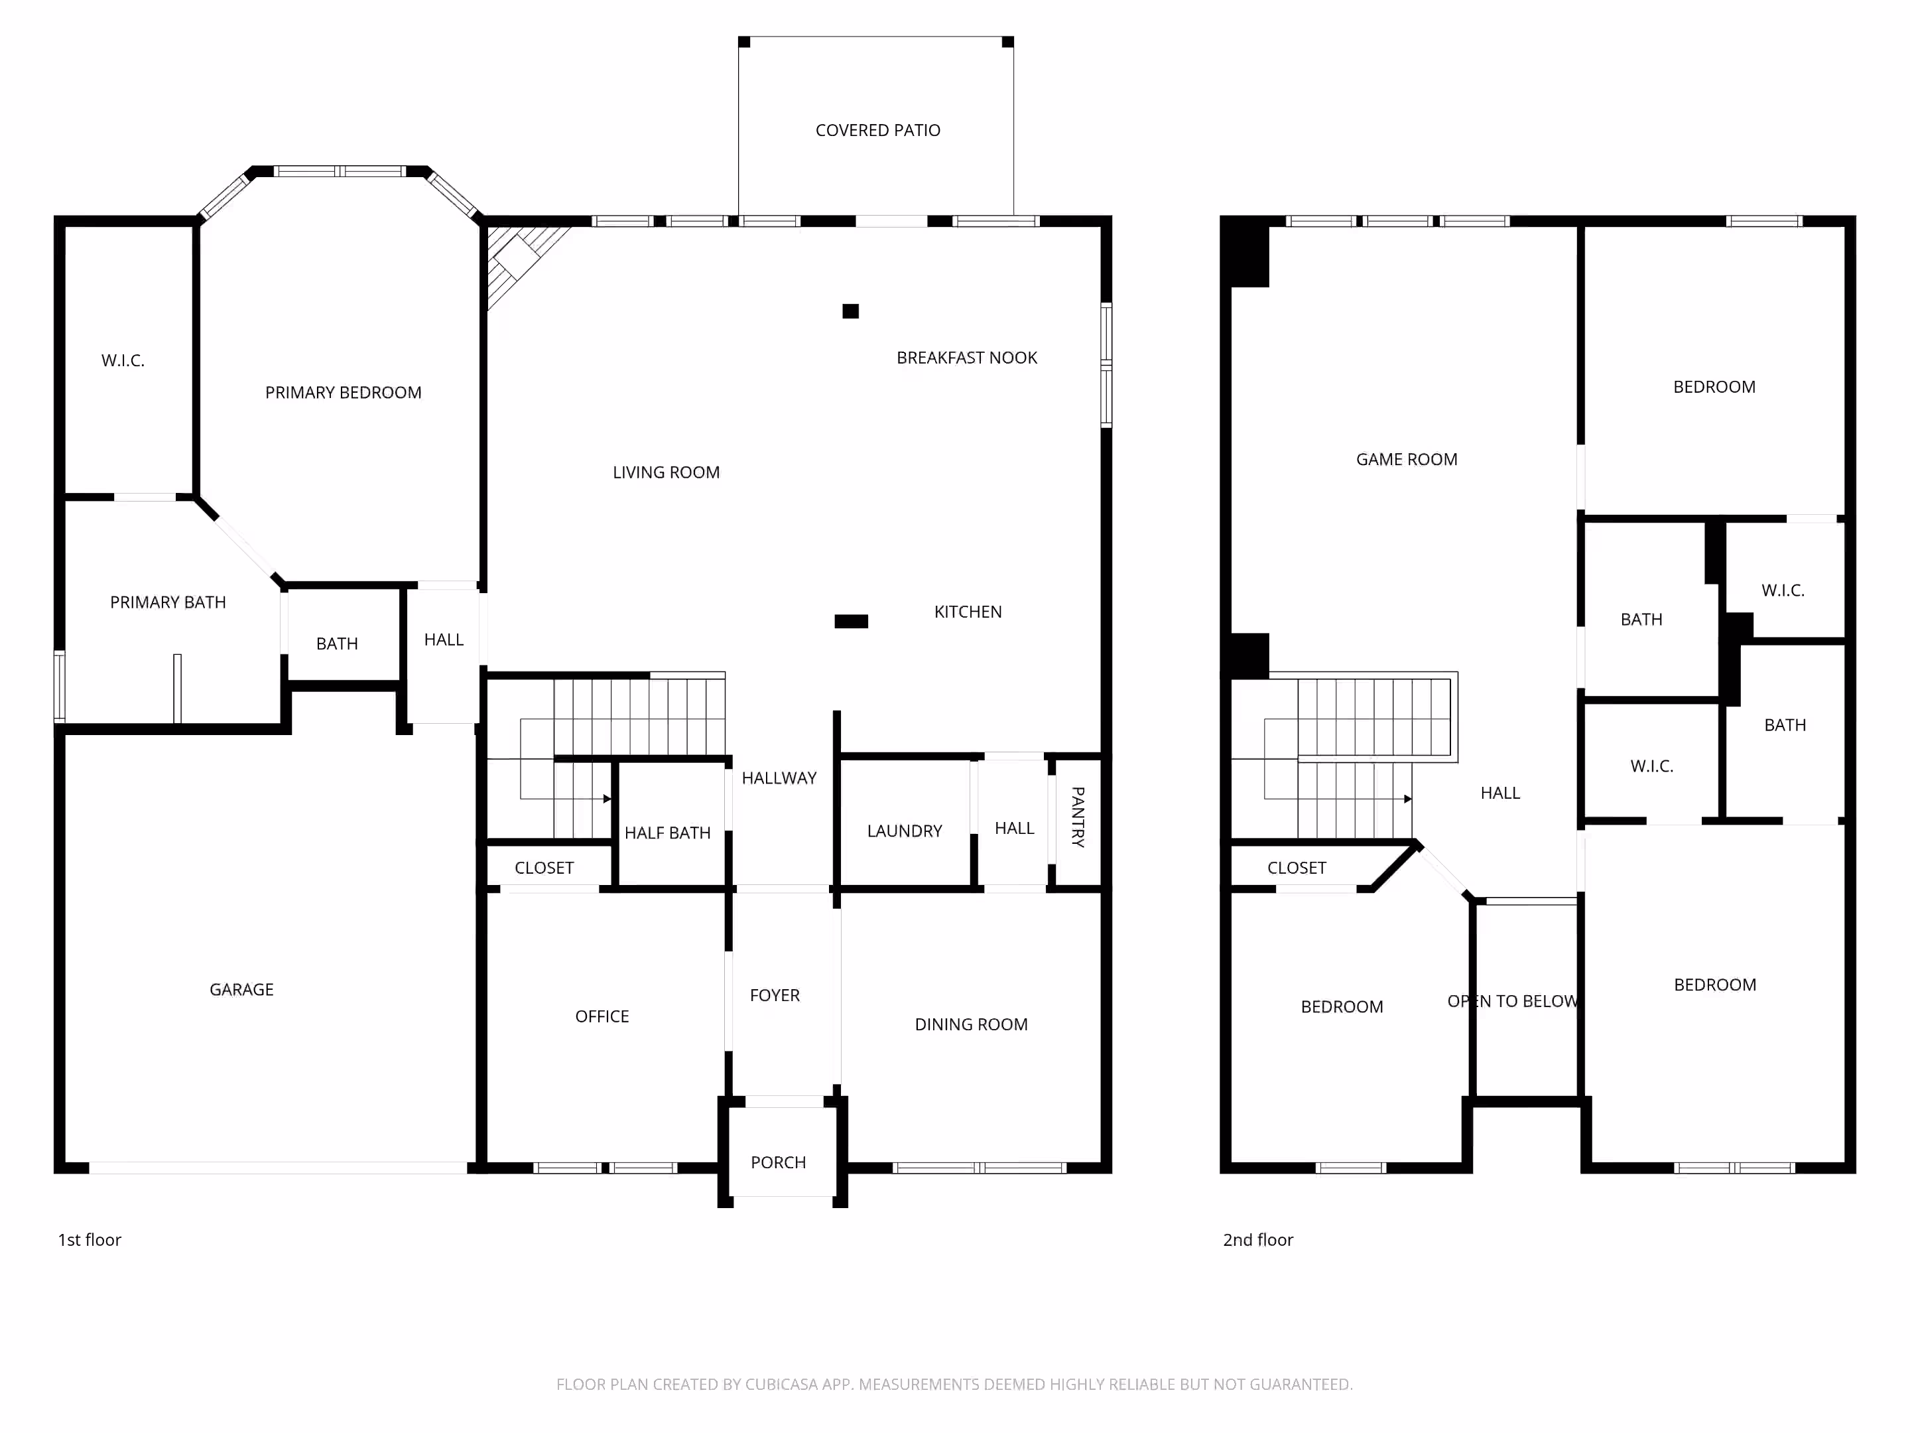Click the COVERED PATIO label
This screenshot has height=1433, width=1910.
[877, 131]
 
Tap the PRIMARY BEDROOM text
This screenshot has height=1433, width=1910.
[343, 393]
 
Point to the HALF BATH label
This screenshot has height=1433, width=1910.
[667, 833]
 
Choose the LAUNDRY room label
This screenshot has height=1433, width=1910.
[904, 831]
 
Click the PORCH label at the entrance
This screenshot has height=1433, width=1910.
[778, 1162]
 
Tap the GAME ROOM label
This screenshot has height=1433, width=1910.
[1407, 460]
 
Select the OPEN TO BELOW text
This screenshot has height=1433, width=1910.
[1513, 1001]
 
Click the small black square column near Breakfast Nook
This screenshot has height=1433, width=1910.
[850, 311]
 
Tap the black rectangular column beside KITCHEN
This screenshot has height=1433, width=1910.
[852, 621]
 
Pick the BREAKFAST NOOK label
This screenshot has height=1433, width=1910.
[966, 358]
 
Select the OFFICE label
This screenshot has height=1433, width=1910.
[602, 1016]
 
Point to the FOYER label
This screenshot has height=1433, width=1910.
[775, 995]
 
